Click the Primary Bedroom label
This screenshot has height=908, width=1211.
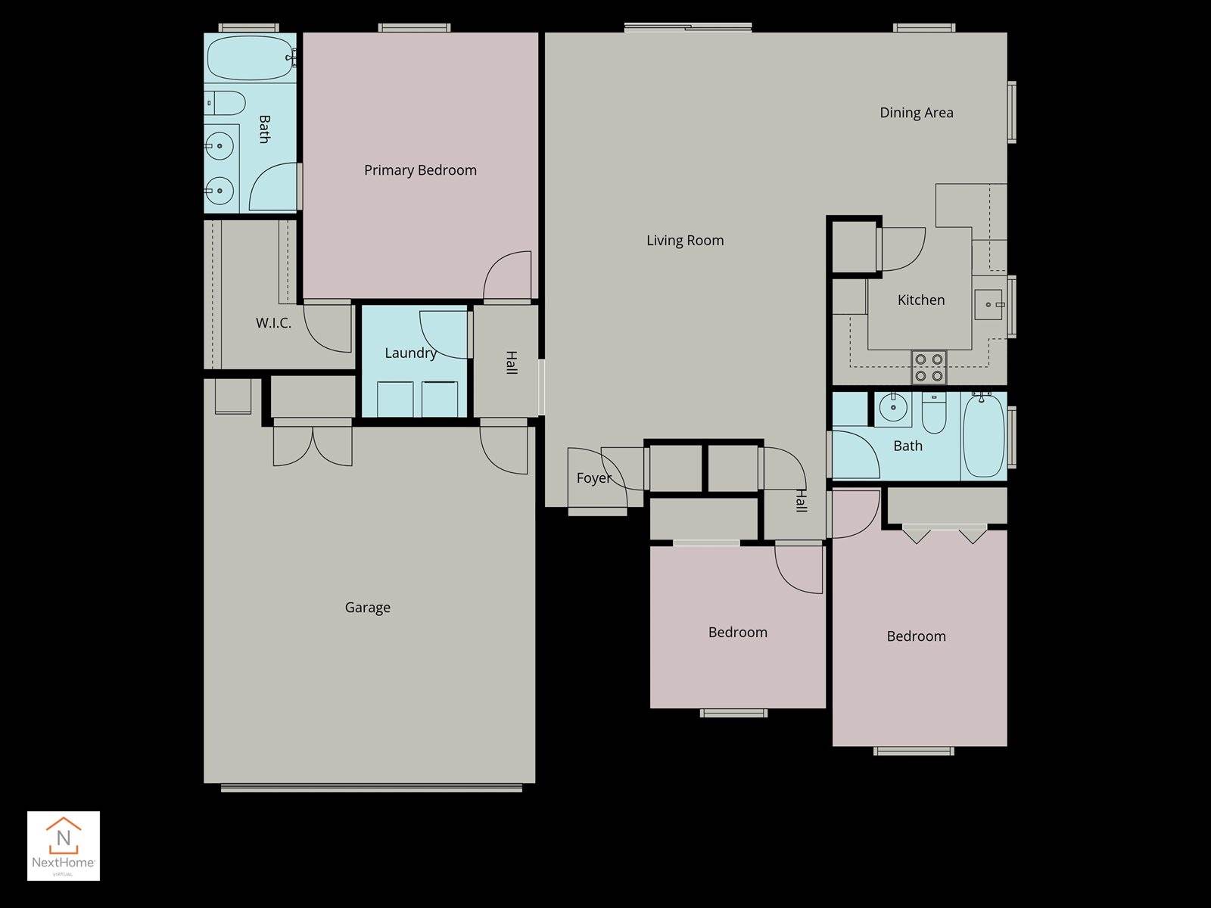point(420,170)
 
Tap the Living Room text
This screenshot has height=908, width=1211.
point(684,241)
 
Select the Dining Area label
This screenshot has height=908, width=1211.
point(916,113)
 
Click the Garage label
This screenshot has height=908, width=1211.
point(367,608)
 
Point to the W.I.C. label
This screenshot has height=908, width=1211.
point(272,323)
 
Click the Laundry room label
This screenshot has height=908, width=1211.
point(410,353)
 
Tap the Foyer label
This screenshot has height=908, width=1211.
point(593,478)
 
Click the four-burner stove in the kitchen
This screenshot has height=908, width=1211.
point(929,367)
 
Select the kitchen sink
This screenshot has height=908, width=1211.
point(988,304)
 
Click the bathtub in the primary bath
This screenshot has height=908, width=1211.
point(250,58)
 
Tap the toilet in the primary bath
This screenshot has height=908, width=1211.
point(226,102)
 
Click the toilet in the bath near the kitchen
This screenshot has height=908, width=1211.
point(934,413)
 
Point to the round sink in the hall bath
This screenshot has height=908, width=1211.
point(893,409)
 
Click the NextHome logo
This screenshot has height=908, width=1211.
point(64,845)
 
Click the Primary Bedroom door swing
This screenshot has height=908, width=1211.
point(507,276)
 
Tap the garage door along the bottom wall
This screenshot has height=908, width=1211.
point(371,788)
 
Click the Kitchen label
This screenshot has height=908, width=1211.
point(920,300)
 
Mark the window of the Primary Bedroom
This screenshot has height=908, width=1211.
point(414,28)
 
